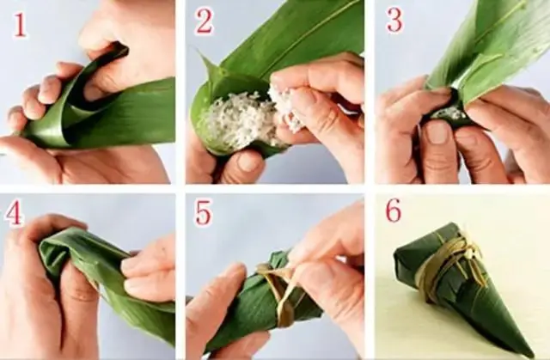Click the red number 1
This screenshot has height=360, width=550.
pos(20,25)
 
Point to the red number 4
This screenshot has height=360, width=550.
pos(14,213)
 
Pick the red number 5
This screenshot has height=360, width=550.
pos(204,213)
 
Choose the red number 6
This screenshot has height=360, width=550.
pos(394,211)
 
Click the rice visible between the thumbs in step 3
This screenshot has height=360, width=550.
pos(449,113)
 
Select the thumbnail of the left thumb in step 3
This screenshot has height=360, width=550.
pos(437,131)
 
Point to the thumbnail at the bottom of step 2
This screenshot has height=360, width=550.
pos(250,162)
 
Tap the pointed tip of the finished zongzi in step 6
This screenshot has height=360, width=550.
pos(530,353)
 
